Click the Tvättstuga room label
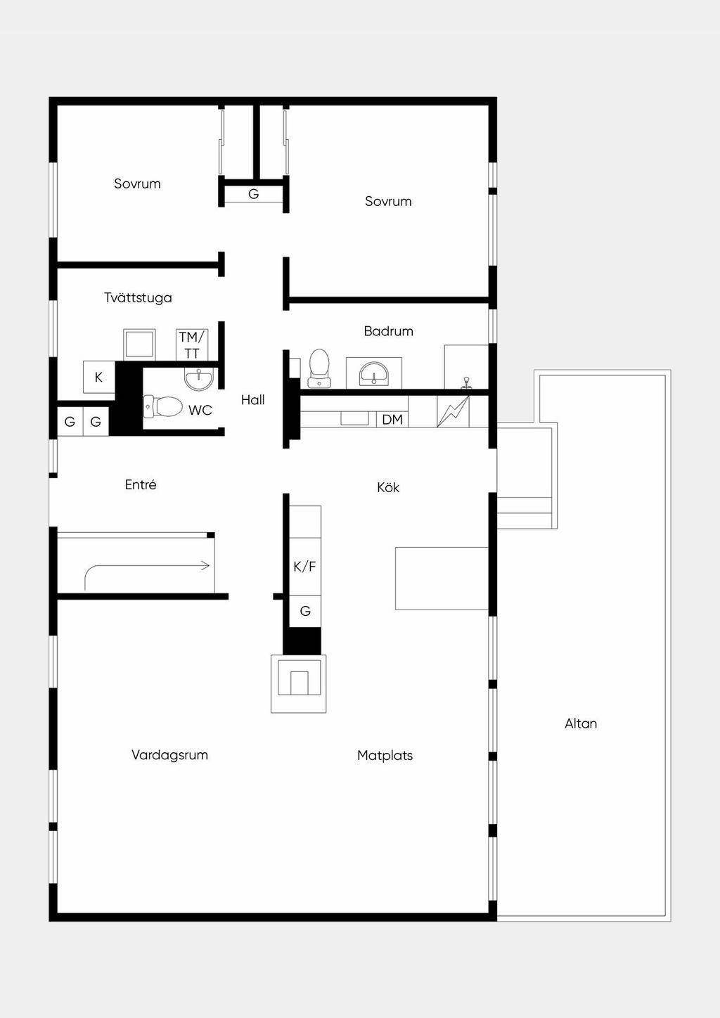(x=138, y=298)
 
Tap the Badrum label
(x=389, y=331)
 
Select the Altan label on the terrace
(x=581, y=723)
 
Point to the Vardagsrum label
(x=169, y=755)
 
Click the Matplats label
(x=385, y=755)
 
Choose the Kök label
(x=388, y=488)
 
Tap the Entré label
(x=141, y=484)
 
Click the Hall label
(x=252, y=400)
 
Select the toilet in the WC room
(x=162, y=406)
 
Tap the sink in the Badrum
(x=373, y=373)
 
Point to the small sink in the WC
(x=199, y=378)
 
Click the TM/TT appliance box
(x=192, y=345)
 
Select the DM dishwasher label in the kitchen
(x=392, y=420)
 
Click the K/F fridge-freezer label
(x=304, y=567)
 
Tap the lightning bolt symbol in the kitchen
(x=453, y=411)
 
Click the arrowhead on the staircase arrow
(x=206, y=566)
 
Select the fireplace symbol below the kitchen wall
(x=299, y=683)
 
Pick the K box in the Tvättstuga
(x=98, y=378)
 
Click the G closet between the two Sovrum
(x=254, y=195)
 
